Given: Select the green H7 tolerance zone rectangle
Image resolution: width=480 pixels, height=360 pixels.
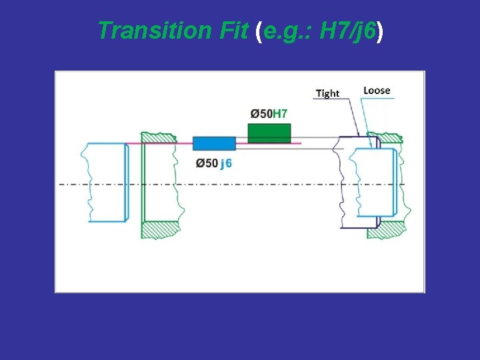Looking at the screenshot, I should point(269,132).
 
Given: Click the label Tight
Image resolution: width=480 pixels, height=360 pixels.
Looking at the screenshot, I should point(327,93).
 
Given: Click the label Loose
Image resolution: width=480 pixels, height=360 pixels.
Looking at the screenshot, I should point(377,90).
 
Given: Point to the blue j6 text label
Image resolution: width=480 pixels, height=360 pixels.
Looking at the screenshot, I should point(226,163).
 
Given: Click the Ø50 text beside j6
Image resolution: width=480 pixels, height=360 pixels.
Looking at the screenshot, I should point(207,163).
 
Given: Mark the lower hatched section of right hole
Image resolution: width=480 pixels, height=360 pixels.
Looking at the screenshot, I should point(390,228).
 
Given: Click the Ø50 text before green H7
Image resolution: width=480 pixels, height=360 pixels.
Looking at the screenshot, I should point(260,113).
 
